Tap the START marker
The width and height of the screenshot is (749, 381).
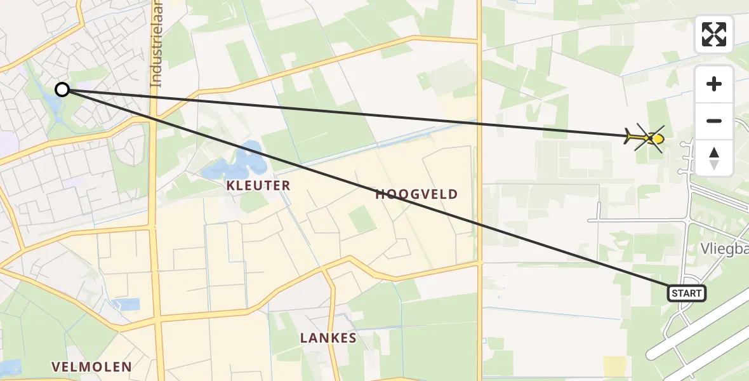(686, 293)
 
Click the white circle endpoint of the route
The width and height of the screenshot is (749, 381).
(62, 90)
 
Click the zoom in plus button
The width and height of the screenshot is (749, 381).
(714, 84)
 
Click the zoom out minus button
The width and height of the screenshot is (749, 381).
(714, 121)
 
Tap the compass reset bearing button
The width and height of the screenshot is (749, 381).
(714, 157)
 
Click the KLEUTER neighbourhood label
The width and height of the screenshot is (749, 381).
(258, 185)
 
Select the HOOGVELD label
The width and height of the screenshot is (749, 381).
(416, 194)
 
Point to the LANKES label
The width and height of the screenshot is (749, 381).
(329, 338)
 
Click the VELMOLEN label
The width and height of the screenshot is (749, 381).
(92, 366)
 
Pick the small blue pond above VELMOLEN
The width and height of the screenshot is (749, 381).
(127, 304)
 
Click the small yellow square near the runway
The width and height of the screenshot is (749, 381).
(614, 366)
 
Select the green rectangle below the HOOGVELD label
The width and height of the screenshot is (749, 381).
(362, 220)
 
